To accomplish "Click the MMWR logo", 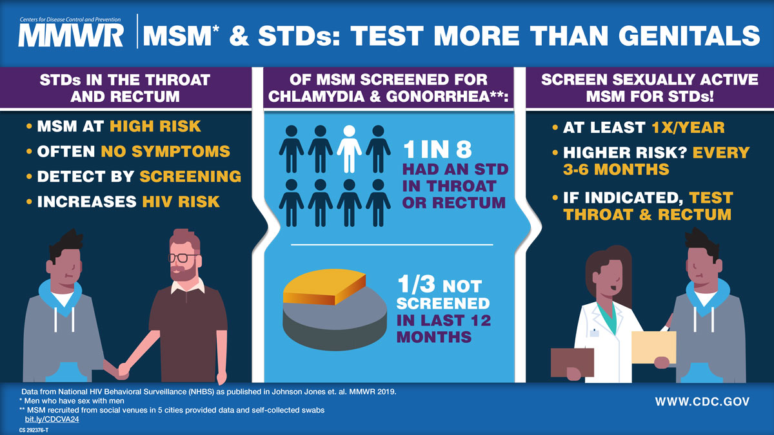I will (x=71, y=35).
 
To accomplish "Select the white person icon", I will (x=349, y=148).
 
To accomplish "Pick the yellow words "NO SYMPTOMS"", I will (x=165, y=152).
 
